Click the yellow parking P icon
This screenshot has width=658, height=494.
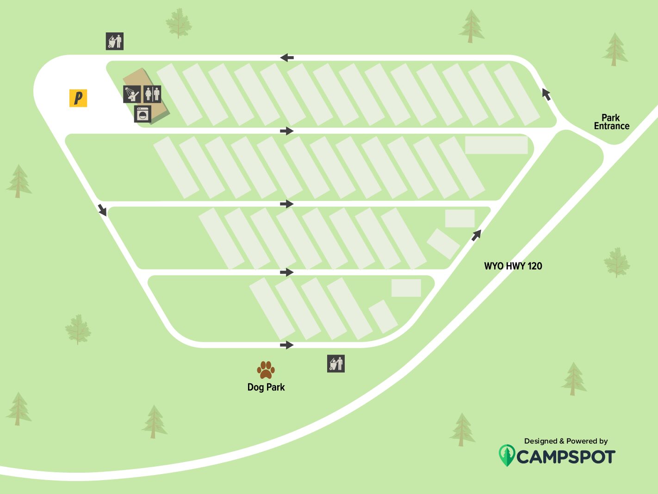click(x=78, y=98)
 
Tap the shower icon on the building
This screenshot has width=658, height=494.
click(x=132, y=94)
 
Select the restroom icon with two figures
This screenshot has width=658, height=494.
click(x=152, y=94)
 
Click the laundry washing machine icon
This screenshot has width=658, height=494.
click(x=143, y=114)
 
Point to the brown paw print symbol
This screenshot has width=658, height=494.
click(x=266, y=370)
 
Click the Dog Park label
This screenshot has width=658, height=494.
click(x=266, y=387)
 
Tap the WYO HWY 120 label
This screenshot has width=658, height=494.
click(x=513, y=266)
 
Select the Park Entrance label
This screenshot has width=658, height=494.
click(x=611, y=122)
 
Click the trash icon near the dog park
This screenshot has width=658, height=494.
click(x=336, y=364)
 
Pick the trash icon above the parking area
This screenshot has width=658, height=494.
click(x=115, y=41)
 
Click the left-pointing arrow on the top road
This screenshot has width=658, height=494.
click(x=287, y=58)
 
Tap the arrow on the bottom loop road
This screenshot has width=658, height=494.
click(x=287, y=345)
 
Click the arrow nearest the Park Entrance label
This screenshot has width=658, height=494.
click(x=546, y=94)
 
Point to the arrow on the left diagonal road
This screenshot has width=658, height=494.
click(x=102, y=209)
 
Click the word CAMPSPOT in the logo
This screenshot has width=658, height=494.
click(x=565, y=457)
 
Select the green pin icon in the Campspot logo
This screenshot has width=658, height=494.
click(x=507, y=455)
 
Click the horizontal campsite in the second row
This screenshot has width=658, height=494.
click(x=496, y=145)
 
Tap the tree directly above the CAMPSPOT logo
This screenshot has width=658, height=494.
click(x=462, y=430)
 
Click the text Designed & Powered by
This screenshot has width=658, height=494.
click(x=565, y=441)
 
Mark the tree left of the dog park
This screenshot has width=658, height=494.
click(x=154, y=421)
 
